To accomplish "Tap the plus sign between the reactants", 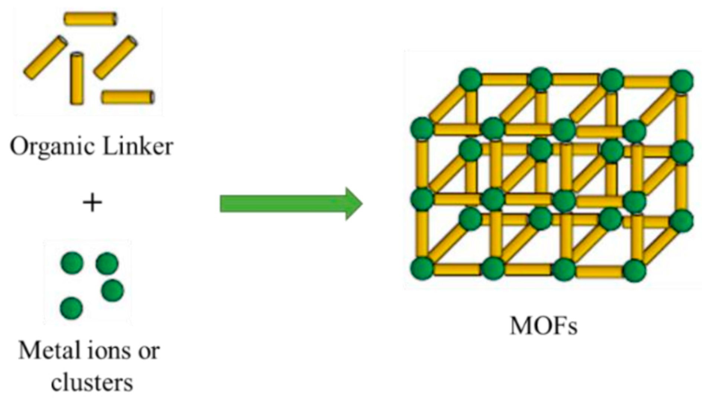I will pyautogui.click(x=92, y=203).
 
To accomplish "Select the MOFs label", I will pyautogui.click(x=543, y=326).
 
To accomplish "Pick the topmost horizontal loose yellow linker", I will pyautogui.click(x=90, y=19).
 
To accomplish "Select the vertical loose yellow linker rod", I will pyautogui.click(x=77, y=78).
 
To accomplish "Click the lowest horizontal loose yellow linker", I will pyautogui.click(x=128, y=97).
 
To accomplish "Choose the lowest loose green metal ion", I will pyautogui.click(x=71, y=308).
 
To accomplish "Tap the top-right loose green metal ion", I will pyautogui.click(x=107, y=263).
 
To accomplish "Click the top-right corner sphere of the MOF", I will pyautogui.click(x=682, y=80).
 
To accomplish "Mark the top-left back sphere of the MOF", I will pyautogui.click(x=470, y=79).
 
